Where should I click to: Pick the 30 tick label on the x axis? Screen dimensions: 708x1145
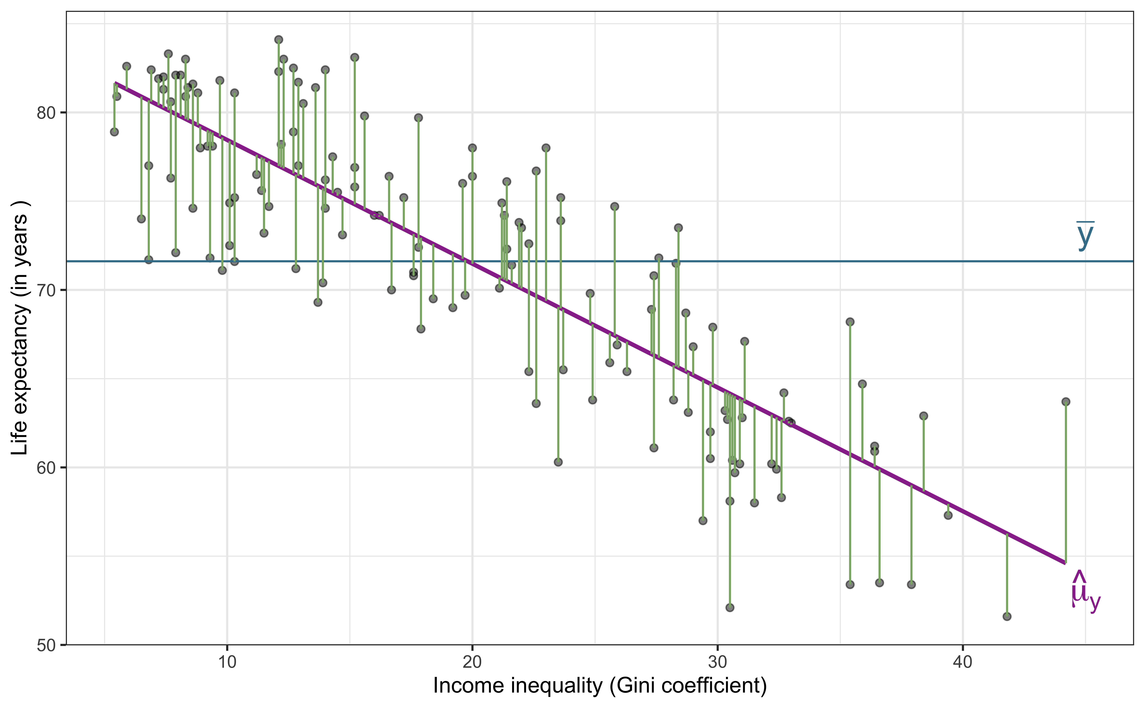click(x=717, y=663)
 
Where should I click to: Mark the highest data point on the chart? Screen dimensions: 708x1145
click(x=278, y=40)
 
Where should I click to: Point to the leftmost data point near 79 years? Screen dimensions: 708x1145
click(x=114, y=132)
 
